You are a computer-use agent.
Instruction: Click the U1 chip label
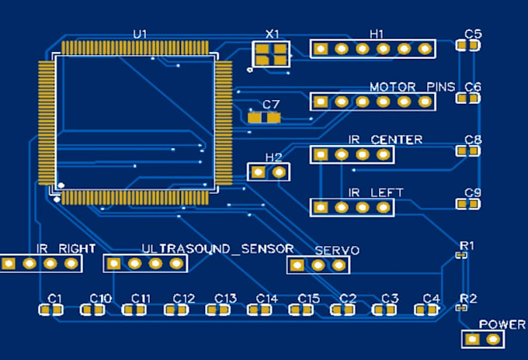point(140,34)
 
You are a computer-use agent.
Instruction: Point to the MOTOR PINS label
point(412,87)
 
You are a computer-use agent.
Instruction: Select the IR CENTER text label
point(385,140)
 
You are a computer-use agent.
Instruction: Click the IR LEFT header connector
point(352,207)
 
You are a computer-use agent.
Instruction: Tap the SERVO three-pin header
point(318,265)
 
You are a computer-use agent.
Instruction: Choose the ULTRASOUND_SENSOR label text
point(217,248)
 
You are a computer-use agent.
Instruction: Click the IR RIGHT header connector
point(40,264)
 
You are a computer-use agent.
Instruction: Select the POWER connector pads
point(482,340)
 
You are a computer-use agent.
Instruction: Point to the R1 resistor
point(462,254)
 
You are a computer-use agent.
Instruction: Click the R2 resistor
point(462,308)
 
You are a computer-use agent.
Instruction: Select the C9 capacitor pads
point(467,205)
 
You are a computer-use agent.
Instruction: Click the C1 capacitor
point(51,310)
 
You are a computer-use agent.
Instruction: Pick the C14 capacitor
point(259,310)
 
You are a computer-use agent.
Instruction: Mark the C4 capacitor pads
point(426,310)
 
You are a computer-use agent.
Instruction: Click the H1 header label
point(377,34)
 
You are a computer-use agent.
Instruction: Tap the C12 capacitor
point(176,310)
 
